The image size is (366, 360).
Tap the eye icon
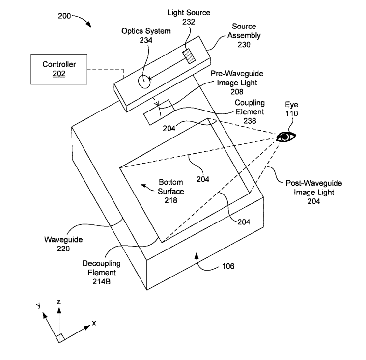point(286,137)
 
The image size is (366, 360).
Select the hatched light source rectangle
point(189,56)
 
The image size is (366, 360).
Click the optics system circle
point(144,82)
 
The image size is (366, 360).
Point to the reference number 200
point(64,16)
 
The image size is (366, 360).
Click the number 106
point(228,266)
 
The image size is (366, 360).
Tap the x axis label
point(94,323)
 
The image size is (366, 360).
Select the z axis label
point(59,302)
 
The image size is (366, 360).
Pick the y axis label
point(38,305)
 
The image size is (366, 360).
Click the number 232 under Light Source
point(189,22)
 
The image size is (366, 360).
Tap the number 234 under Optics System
point(146,40)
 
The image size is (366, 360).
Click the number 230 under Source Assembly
point(244,45)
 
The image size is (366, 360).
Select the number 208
point(237,92)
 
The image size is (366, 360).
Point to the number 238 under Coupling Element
point(250,121)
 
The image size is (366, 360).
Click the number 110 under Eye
point(291,113)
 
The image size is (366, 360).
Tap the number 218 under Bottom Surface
point(171,200)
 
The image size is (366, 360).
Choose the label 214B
point(102,281)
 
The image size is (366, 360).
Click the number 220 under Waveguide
point(63,249)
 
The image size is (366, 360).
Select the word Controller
point(59,64)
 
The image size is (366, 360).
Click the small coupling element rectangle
point(159,112)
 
